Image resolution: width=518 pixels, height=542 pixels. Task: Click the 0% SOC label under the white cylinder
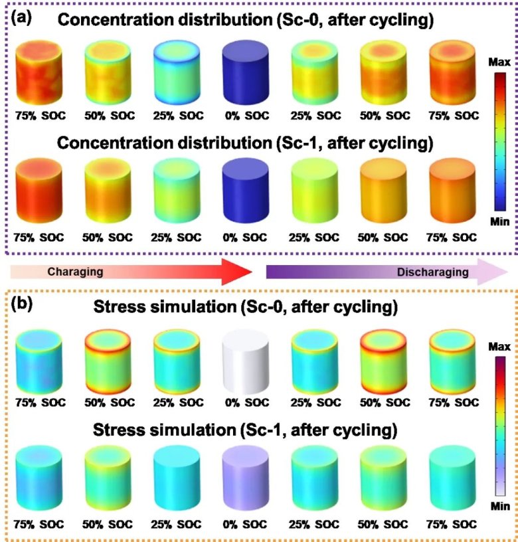[x=245, y=403]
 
